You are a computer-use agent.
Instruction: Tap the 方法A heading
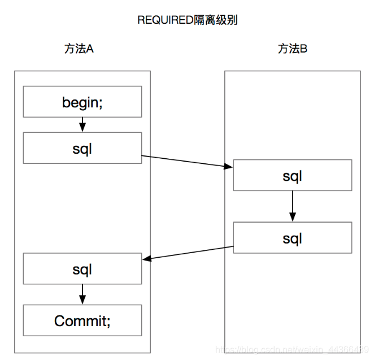[x=79, y=49]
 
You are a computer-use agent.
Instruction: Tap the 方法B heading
[x=292, y=49]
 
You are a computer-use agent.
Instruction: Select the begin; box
[x=82, y=102]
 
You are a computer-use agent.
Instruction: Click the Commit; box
[x=82, y=321]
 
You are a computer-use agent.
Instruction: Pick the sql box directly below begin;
[x=82, y=148]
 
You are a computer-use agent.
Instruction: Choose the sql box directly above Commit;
[x=82, y=269]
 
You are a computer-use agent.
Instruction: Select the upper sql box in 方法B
[x=292, y=176]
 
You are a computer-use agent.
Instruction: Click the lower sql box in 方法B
[x=292, y=237]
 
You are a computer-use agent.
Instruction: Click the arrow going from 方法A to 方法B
[x=186, y=161]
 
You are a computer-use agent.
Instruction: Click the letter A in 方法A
[x=89, y=49]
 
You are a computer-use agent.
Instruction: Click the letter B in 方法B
[x=303, y=49]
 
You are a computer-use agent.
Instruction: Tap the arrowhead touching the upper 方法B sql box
[x=230, y=166]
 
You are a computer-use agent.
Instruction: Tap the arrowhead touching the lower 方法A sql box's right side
[x=146, y=259]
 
